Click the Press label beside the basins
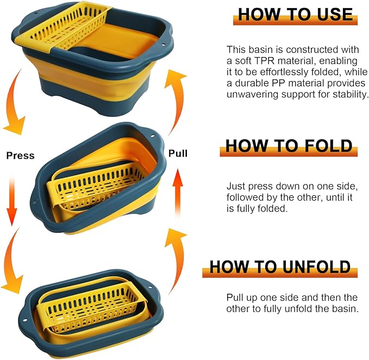click(x=20, y=156)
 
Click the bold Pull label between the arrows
click(x=178, y=153)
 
